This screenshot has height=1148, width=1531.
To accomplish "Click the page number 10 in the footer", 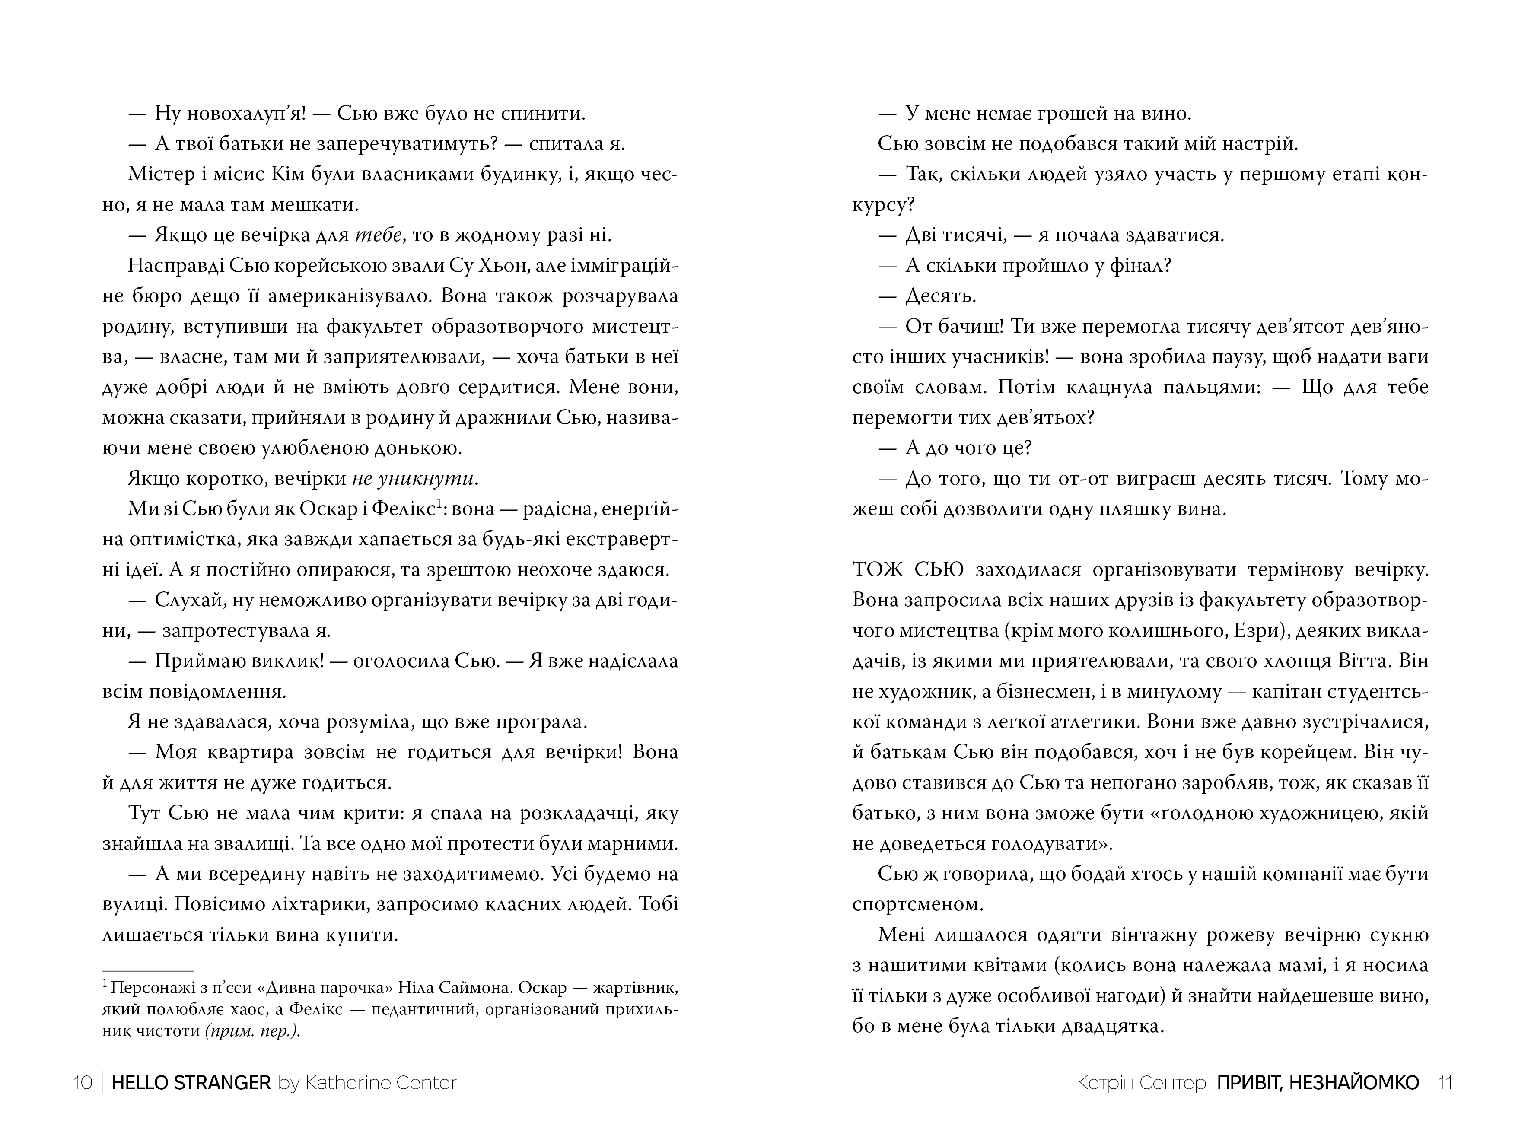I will pos(83,1082).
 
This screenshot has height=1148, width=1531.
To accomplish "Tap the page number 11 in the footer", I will pos(1445,1082).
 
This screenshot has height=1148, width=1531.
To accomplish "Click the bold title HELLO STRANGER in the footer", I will pos(191,1082).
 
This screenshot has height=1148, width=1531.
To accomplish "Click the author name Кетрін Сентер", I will pos(1141,1082).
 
